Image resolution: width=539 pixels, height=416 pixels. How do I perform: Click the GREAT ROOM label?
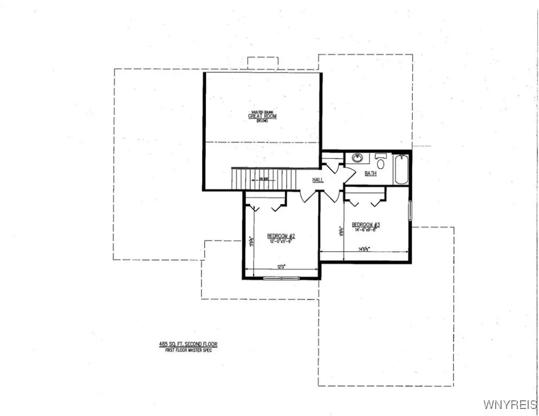[x=262, y=116]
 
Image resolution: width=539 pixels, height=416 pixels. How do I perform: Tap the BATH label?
[x=371, y=173]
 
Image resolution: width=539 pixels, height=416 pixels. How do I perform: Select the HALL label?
[x=318, y=180]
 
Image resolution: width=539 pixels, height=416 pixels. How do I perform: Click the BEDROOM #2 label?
[x=281, y=236]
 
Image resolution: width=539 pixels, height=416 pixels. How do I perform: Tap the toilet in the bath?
[x=380, y=162]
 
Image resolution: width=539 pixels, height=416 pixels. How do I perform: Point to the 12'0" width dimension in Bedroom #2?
[x=281, y=266]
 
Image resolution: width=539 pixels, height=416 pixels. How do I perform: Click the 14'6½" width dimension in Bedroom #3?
[x=363, y=249]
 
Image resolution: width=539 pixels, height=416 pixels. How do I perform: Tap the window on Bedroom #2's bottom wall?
[x=281, y=278]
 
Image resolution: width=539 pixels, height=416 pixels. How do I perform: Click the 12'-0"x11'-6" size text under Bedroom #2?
[x=281, y=242]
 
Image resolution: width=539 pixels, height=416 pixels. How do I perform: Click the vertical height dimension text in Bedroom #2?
[x=251, y=240]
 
